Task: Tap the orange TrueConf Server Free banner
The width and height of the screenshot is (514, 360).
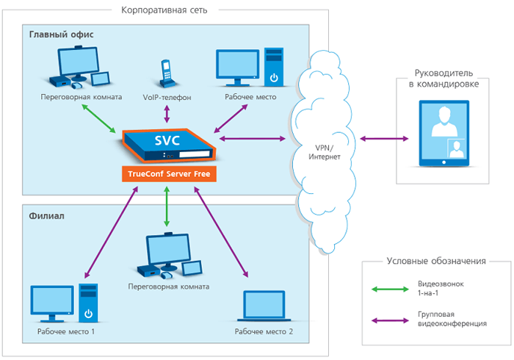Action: click(x=167, y=175)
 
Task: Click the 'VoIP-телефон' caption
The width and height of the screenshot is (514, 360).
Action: click(x=167, y=97)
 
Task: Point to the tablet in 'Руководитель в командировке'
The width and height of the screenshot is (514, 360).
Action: click(x=443, y=132)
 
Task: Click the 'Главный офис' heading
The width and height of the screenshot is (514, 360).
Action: click(x=62, y=35)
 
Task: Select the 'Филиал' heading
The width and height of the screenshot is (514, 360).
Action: click(x=48, y=217)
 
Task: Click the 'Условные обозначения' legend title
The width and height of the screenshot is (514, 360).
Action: click(x=437, y=262)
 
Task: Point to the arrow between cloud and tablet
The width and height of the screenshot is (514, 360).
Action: click(x=383, y=138)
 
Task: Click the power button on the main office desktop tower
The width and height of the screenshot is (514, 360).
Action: click(x=273, y=77)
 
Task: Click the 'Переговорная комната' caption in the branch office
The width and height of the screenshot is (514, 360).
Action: click(x=168, y=287)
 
